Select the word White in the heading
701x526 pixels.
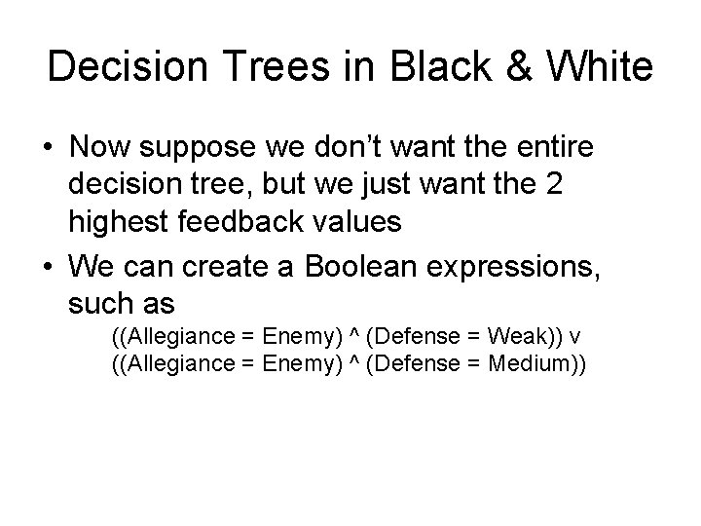point(603,67)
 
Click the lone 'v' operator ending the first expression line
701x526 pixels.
point(576,337)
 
